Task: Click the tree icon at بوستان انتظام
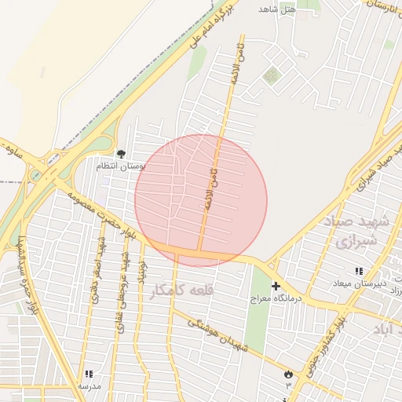point(121,154)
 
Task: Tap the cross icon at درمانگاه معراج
point(275,287)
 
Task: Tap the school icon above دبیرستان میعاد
point(359,271)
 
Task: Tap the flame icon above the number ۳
point(287,374)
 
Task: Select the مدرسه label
point(89,386)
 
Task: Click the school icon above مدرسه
point(89,375)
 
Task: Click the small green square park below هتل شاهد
point(272,75)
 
